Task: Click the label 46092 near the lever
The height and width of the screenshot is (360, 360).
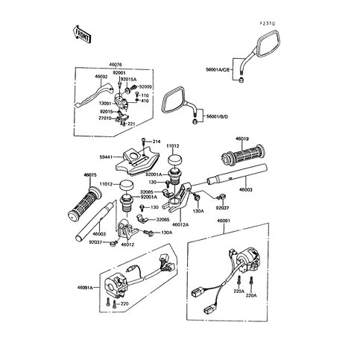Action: (101, 76)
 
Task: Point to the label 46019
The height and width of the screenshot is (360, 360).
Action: (243, 139)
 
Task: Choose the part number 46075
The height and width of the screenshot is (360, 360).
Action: (91, 175)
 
